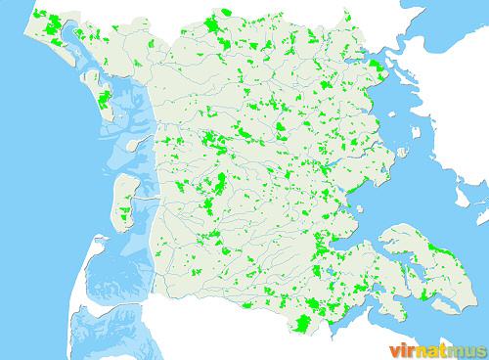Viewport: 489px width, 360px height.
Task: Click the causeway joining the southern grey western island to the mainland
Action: (145, 199)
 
